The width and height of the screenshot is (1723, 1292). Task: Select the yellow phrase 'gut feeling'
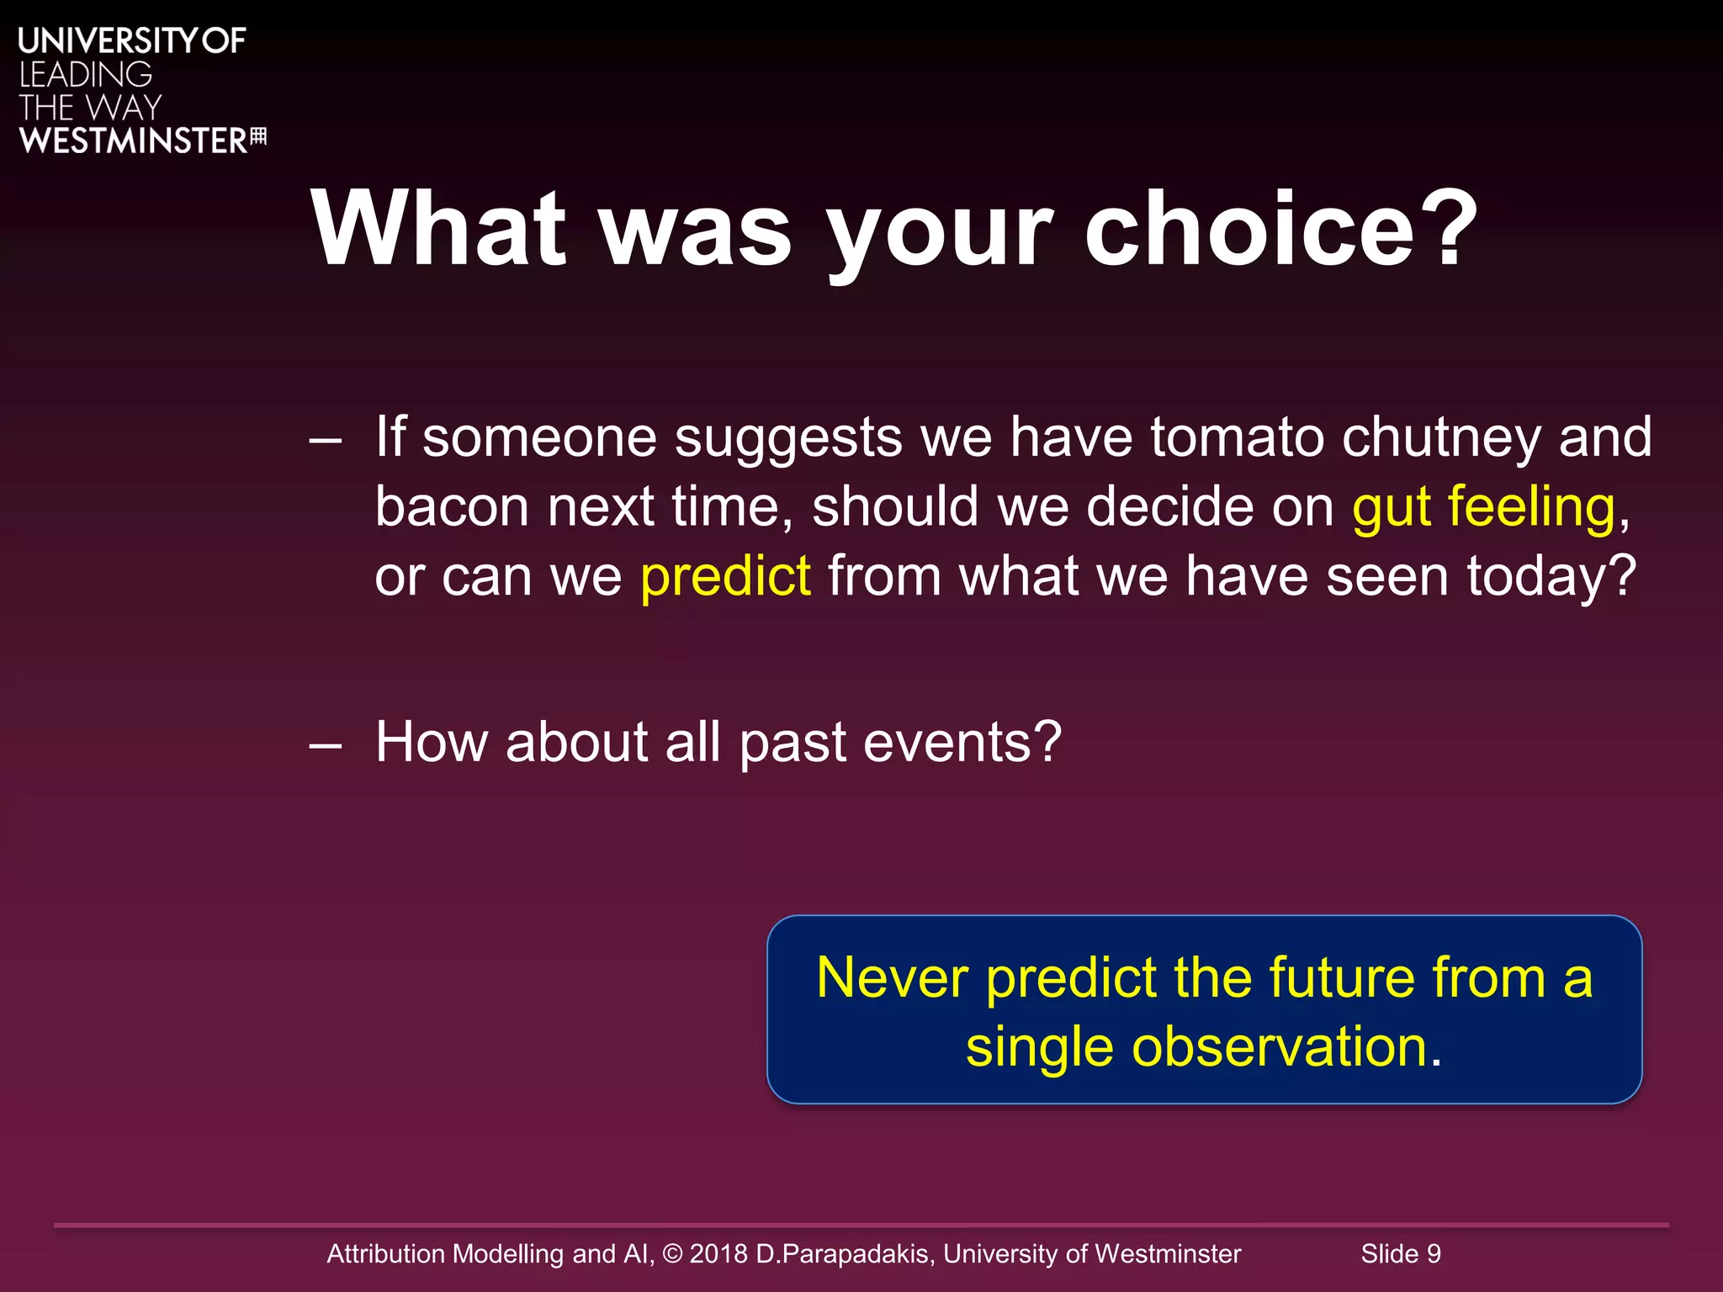[x=1484, y=507]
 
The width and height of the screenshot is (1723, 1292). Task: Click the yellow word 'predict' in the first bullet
[x=725, y=577]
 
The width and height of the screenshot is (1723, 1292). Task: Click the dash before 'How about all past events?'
[x=325, y=744]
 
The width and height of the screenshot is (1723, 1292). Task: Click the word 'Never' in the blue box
[x=893, y=978]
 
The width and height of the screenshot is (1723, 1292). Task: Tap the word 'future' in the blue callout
[x=1342, y=978]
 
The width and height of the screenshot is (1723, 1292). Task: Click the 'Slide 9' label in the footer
[x=1401, y=1254]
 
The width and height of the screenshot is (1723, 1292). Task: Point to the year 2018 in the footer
[x=718, y=1254]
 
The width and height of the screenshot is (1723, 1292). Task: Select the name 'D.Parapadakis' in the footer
[x=845, y=1254]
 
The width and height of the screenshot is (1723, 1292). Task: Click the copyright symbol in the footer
[x=673, y=1254]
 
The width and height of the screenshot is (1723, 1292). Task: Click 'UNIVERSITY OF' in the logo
[x=132, y=41]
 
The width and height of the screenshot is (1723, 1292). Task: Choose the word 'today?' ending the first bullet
[x=1551, y=577]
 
